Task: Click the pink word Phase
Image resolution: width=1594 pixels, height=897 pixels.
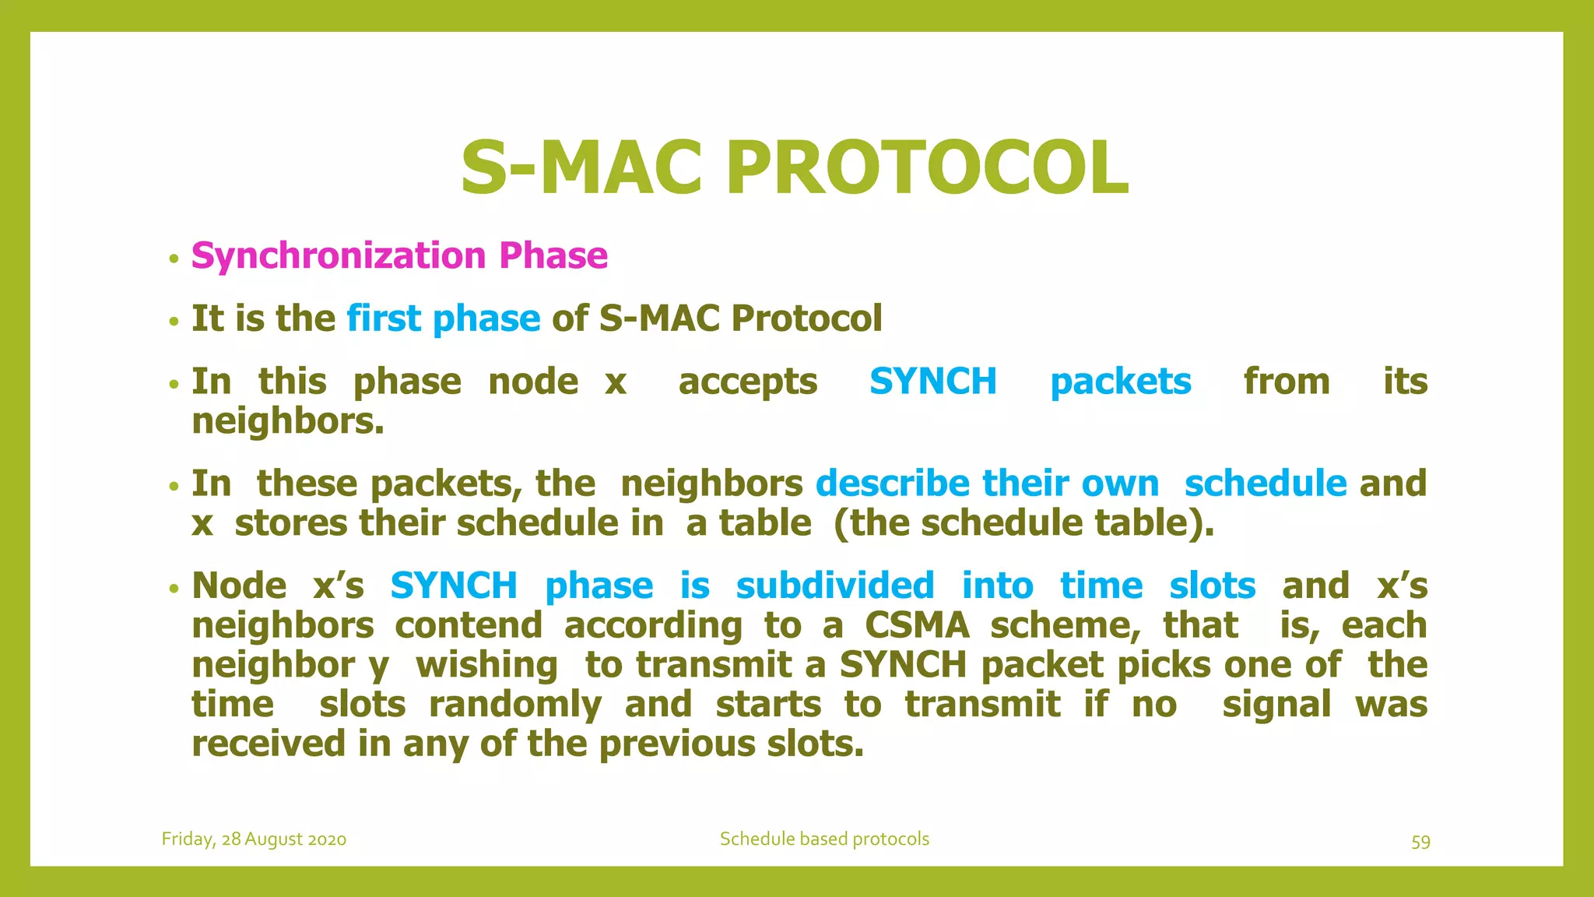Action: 553,256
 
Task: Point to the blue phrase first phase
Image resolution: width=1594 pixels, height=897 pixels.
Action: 443,318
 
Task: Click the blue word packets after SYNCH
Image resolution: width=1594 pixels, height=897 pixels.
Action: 1120,382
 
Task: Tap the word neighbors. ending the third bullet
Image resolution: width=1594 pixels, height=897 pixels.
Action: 288,421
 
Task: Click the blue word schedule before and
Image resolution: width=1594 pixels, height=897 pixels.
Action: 1265,484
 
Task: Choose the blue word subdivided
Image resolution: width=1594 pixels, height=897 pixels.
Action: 834,586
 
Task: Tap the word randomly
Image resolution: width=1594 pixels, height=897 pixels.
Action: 514,705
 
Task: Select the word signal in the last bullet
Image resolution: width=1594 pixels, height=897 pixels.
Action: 1276,705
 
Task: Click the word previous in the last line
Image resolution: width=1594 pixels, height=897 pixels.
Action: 677,744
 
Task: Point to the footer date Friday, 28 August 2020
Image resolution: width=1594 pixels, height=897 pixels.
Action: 254,839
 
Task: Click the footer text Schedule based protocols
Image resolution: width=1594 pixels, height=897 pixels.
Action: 823,839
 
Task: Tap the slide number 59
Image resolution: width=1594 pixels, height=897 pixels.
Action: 1420,842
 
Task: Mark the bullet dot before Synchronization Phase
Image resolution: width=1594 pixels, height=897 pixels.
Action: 174,259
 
